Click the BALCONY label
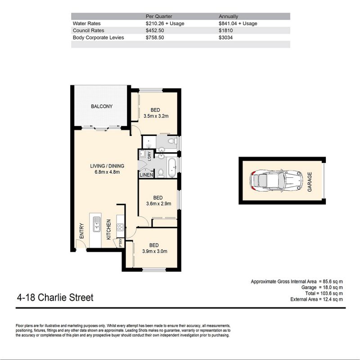click(102, 106)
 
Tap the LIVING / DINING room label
click(107, 166)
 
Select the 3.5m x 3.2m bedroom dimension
click(156, 116)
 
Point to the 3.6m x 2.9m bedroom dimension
click(158, 203)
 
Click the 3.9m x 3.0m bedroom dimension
click(154, 251)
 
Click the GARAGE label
click(310, 182)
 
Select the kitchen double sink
click(96, 224)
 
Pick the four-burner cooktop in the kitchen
click(120, 227)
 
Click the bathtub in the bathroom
click(172, 167)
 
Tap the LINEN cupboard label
click(146, 175)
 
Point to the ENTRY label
click(81, 230)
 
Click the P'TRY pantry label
click(121, 243)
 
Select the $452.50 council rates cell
click(155, 31)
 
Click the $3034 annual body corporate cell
click(226, 38)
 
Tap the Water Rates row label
click(86, 23)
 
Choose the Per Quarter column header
click(159, 16)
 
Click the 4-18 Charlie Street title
click(55, 297)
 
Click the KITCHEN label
click(108, 229)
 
